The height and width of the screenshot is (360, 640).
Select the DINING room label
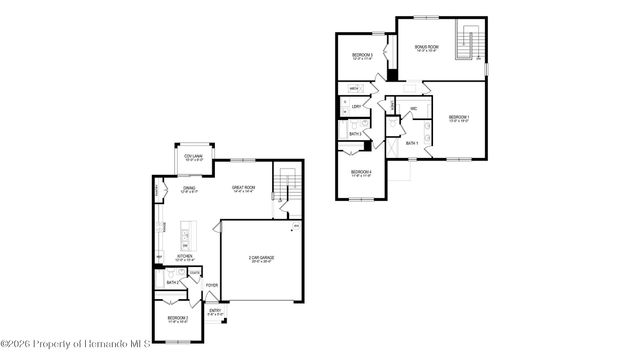click(x=189, y=188)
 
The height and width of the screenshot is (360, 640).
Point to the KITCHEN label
click(x=185, y=257)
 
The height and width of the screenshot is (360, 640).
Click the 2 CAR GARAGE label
click(x=261, y=258)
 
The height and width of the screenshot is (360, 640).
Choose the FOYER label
click(x=212, y=285)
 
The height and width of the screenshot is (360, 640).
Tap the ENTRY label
click(x=215, y=311)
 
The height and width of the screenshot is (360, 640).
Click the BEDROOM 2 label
click(x=178, y=319)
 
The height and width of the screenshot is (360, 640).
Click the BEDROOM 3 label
click(x=362, y=56)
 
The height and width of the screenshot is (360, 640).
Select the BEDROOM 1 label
click(x=459, y=119)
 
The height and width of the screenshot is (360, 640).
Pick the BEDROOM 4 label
click(x=361, y=172)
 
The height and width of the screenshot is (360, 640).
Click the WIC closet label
click(x=413, y=108)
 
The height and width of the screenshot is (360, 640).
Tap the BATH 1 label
click(x=412, y=143)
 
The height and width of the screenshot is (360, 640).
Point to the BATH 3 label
click(x=355, y=133)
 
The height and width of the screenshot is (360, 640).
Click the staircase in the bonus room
click(x=466, y=42)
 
